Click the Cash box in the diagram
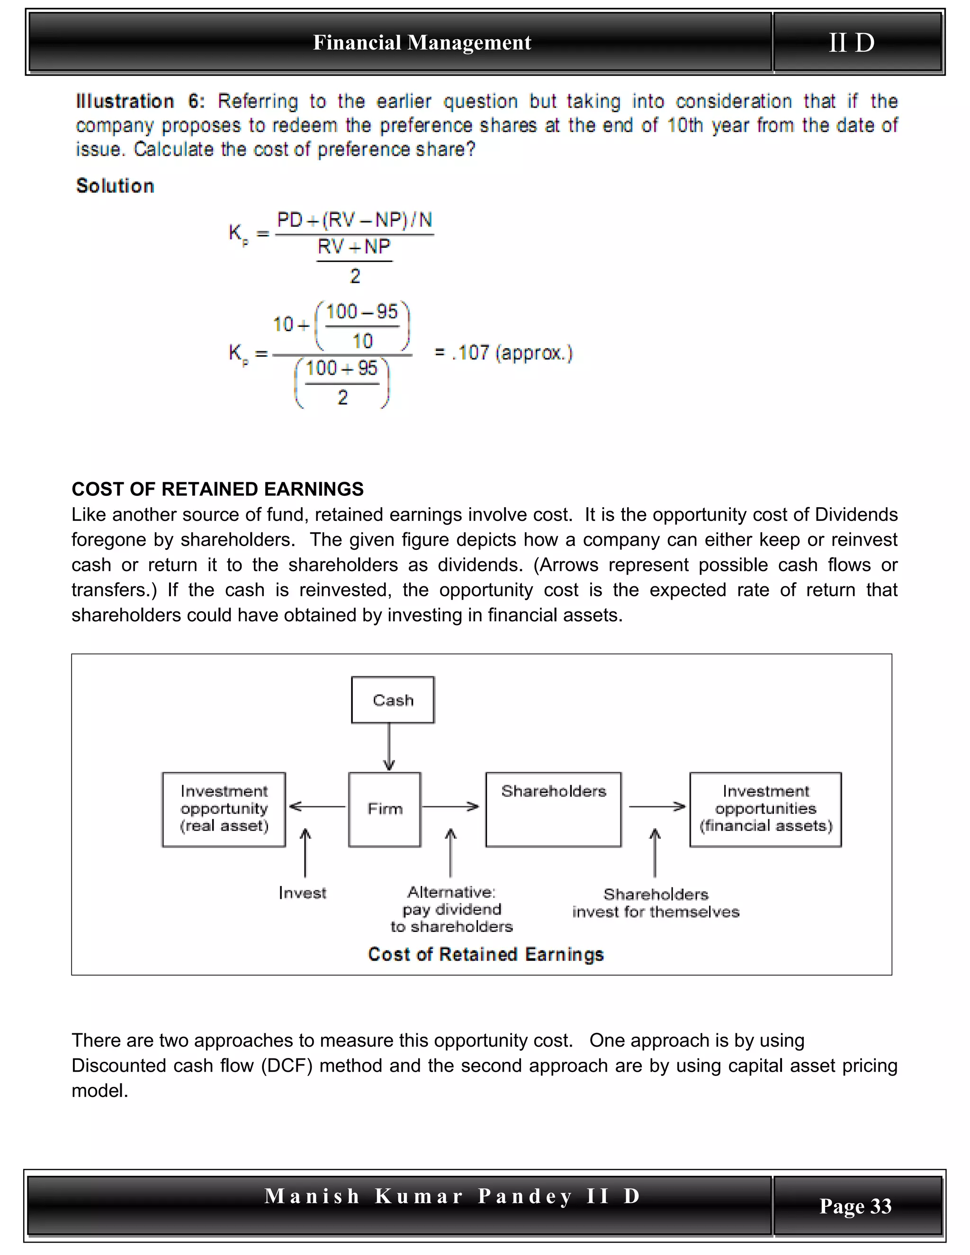click(393, 699)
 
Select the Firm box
click(385, 809)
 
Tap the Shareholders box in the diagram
click(553, 809)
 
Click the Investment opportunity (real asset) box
click(224, 809)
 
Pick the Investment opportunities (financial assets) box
click(765, 809)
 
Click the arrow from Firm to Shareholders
click(451, 807)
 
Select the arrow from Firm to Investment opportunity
click(318, 807)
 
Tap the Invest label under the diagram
click(302, 892)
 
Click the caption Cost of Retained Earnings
click(485, 954)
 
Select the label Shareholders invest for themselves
click(656, 903)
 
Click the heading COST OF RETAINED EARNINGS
click(217, 489)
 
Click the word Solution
click(115, 186)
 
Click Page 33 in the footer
click(855, 1206)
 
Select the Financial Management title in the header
click(422, 43)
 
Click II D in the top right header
click(852, 43)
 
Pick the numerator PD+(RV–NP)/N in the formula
click(355, 220)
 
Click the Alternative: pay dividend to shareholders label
click(451, 909)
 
